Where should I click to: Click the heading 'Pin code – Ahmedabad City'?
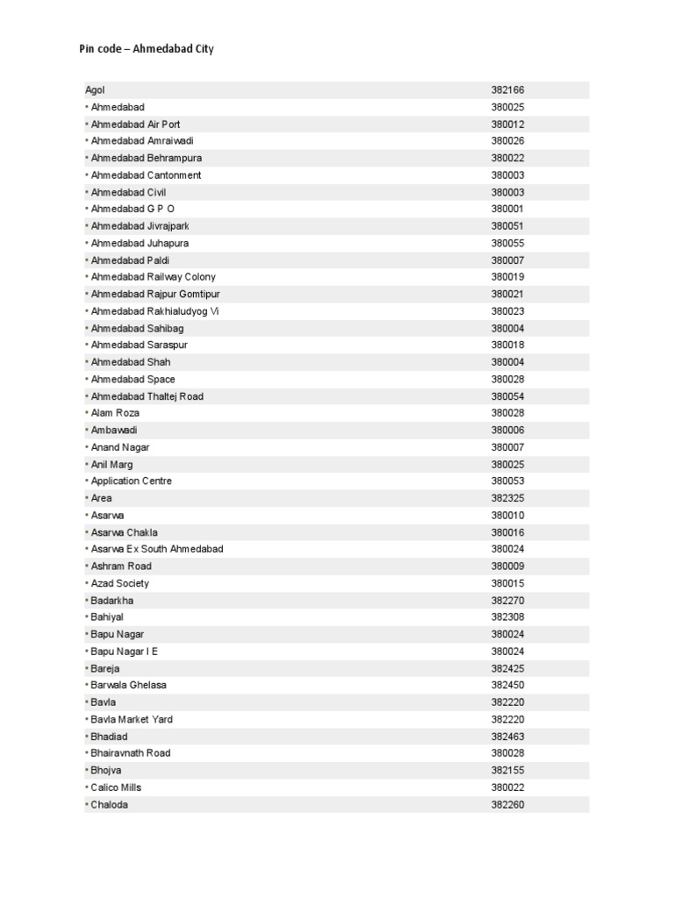147,49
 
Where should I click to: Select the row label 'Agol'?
95,90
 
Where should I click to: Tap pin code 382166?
507,90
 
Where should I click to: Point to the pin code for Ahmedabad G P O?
507,209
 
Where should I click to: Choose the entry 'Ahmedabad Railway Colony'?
153,277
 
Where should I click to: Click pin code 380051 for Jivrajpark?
507,226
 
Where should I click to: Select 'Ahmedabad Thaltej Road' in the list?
147,396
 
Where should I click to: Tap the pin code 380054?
507,396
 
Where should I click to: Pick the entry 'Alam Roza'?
115,413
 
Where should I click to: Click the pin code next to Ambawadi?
507,430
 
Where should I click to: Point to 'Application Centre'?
131,481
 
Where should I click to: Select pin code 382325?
507,498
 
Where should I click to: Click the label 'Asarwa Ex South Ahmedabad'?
157,549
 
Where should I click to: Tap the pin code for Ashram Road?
507,567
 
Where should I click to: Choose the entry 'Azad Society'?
119,583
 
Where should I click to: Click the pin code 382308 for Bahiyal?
507,617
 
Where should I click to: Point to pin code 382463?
507,737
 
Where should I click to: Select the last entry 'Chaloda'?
109,804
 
